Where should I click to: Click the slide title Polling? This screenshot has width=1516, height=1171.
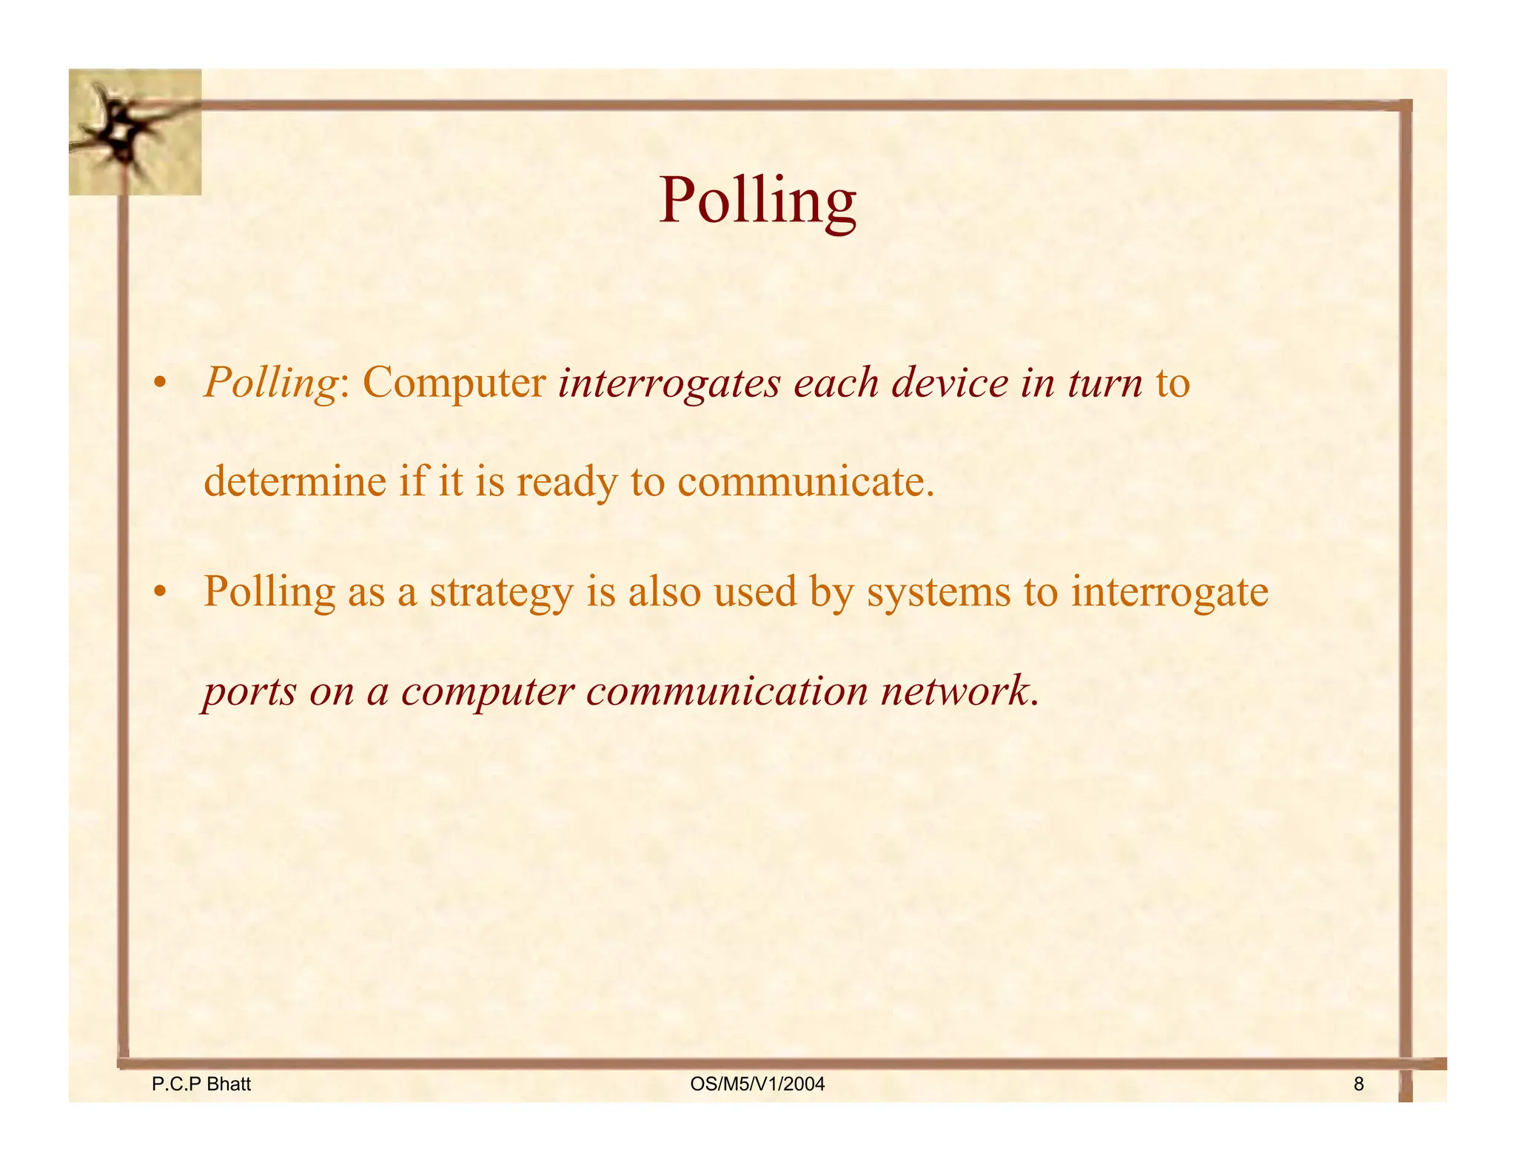(757, 201)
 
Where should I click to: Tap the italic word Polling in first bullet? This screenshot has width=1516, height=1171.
(271, 384)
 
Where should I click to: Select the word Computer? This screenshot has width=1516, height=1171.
(454, 384)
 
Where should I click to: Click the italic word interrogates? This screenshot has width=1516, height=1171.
(669, 384)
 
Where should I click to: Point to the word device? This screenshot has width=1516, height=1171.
(950, 384)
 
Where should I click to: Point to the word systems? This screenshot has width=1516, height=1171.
(939, 593)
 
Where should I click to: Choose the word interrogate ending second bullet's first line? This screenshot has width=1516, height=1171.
(1170, 593)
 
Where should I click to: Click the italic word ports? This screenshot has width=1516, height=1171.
(249, 692)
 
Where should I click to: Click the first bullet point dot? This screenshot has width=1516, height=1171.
(158, 384)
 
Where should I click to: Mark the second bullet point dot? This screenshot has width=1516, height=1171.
(158, 593)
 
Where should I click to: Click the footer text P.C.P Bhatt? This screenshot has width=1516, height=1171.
(201, 1084)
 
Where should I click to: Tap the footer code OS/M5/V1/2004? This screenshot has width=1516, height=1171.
(757, 1084)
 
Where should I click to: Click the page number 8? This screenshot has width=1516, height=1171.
(1358, 1084)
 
